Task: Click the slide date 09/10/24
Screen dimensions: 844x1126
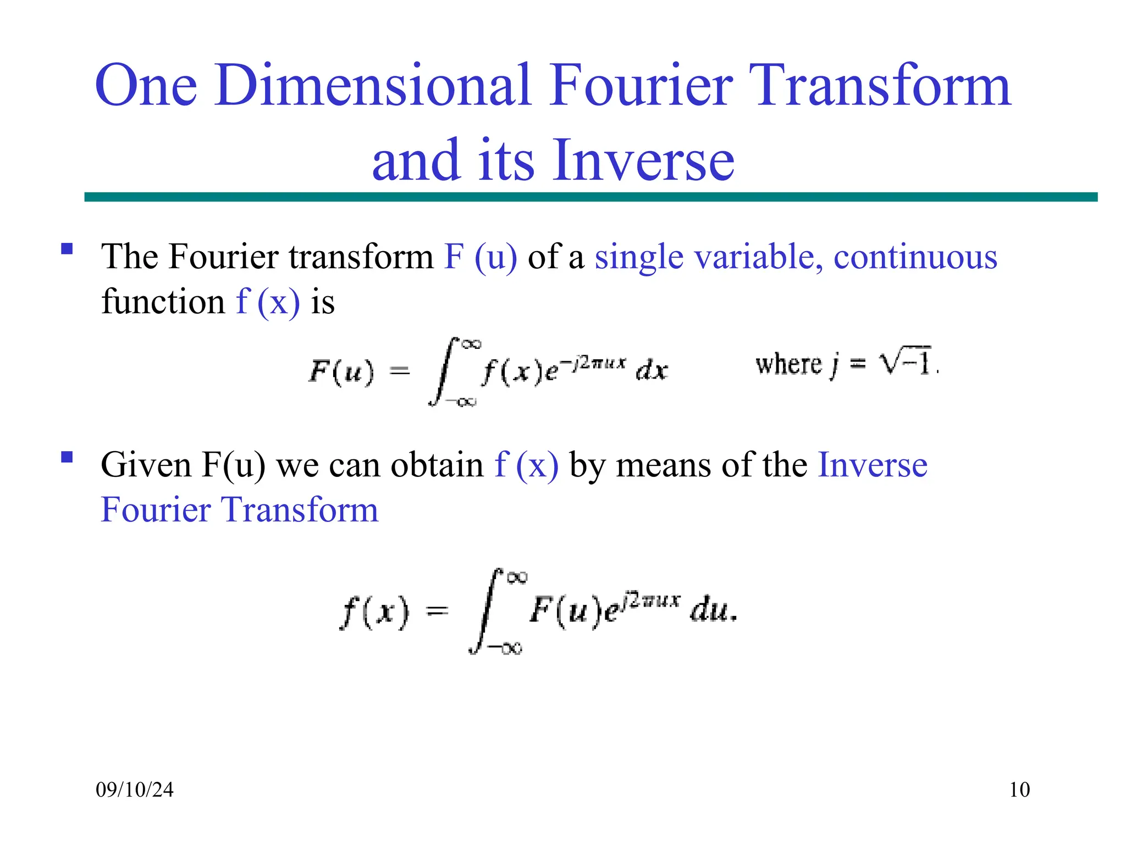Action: (x=135, y=790)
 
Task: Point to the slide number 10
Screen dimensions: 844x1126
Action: (x=1019, y=790)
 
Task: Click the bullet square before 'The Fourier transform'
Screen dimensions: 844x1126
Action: (x=67, y=249)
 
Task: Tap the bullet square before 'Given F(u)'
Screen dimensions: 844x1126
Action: (x=67, y=457)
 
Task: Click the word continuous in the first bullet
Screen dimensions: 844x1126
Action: (x=915, y=257)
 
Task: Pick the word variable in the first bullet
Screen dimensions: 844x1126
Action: (x=762, y=257)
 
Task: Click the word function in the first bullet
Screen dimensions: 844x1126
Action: (x=163, y=302)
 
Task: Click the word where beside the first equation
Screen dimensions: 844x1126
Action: (x=788, y=364)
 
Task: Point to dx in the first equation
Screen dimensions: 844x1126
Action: (x=652, y=371)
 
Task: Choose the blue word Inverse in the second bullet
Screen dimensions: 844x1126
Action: (x=873, y=465)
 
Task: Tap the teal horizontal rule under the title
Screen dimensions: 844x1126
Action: (x=590, y=197)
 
